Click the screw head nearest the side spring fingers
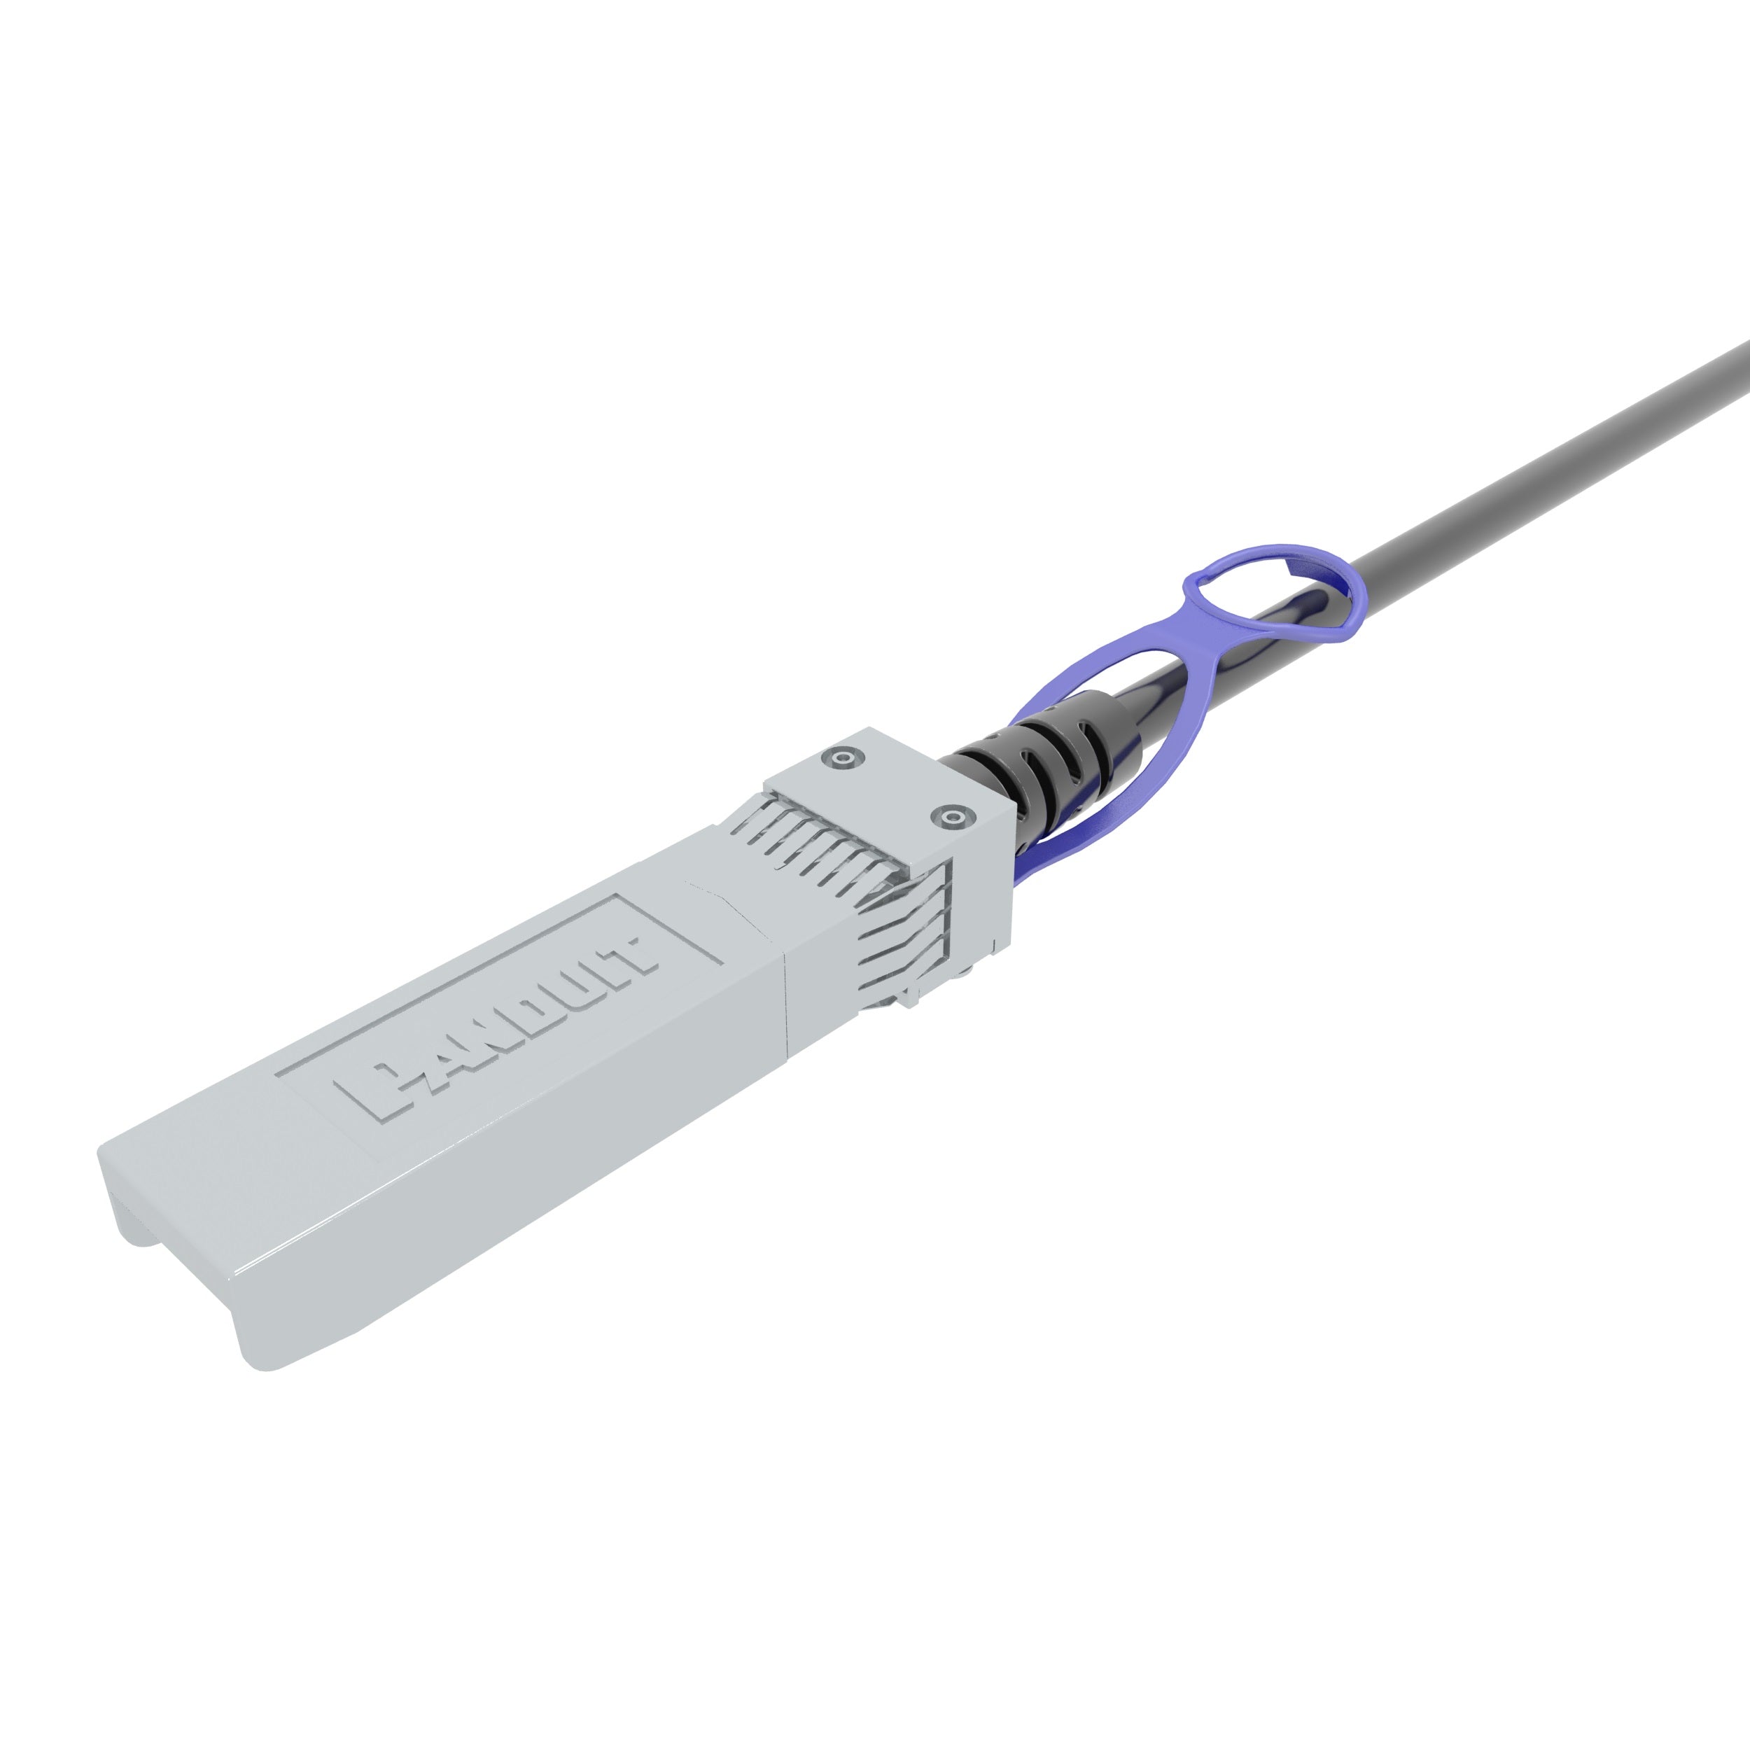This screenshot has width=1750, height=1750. (x=949, y=818)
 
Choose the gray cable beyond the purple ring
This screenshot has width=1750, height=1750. (x=1540, y=471)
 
